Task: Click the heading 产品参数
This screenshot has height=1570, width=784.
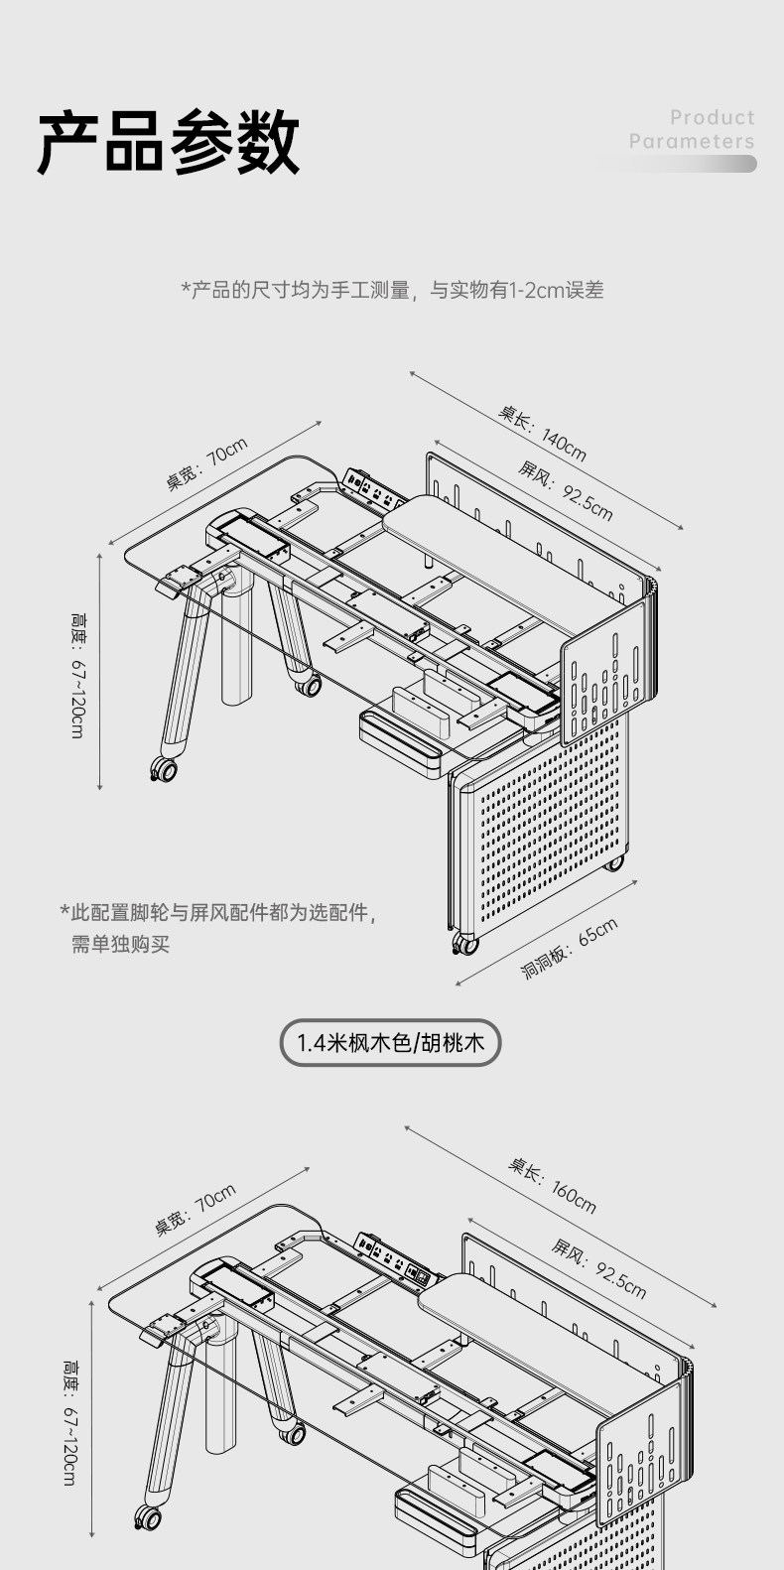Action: pos(169,142)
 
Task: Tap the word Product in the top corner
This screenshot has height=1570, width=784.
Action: pos(712,118)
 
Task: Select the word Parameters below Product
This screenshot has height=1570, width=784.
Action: pos(692,142)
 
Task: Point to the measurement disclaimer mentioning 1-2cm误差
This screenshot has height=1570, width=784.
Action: pos(392,290)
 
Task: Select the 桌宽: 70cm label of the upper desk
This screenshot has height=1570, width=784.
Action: pos(206,463)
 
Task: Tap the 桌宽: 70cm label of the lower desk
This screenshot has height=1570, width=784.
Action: pos(196,1210)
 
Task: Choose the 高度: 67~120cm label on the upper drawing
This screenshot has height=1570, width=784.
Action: pos(77,675)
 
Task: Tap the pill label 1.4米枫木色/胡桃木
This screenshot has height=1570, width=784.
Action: pos(390,1043)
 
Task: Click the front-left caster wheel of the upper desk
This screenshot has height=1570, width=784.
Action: pos(163,768)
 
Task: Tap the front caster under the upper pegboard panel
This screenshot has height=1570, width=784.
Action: pos(463,944)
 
